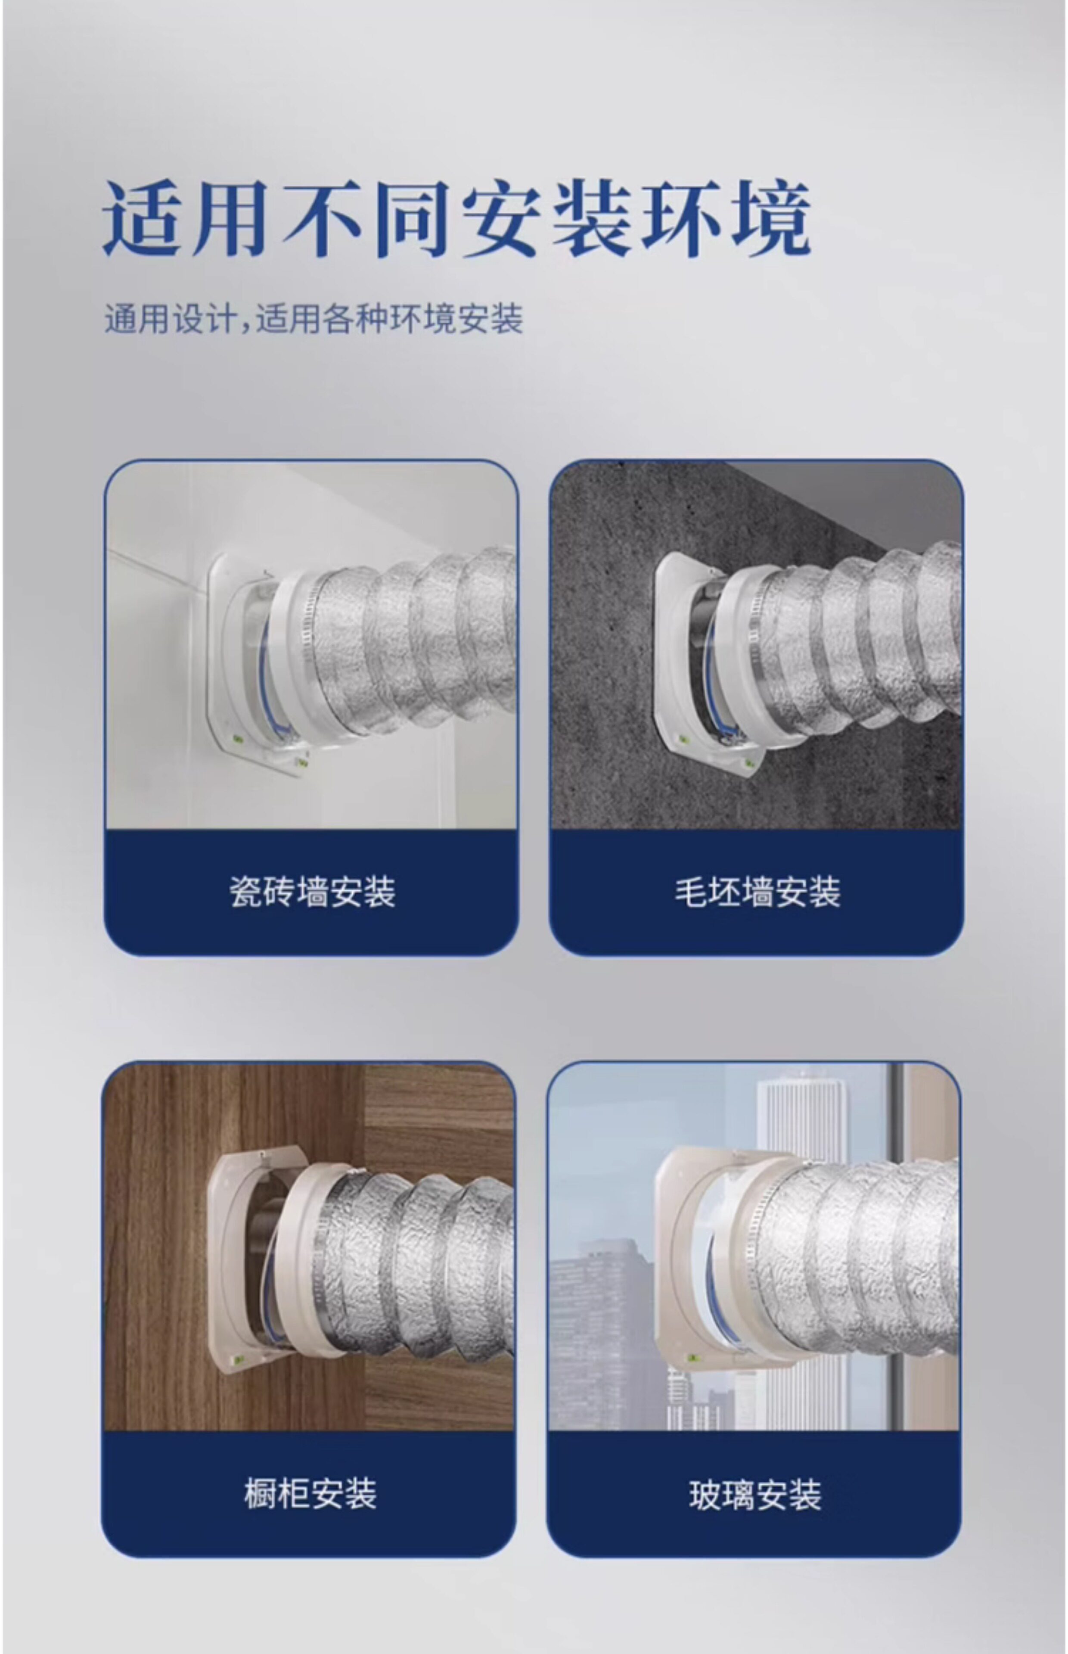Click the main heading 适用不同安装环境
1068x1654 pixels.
[457, 218]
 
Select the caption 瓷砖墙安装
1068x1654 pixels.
[312, 892]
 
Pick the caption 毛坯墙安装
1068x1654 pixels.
[758, 892]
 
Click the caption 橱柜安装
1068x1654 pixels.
[310, 1494]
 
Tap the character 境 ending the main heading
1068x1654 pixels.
[771, 218]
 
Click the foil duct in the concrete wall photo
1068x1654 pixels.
[860, 641]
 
